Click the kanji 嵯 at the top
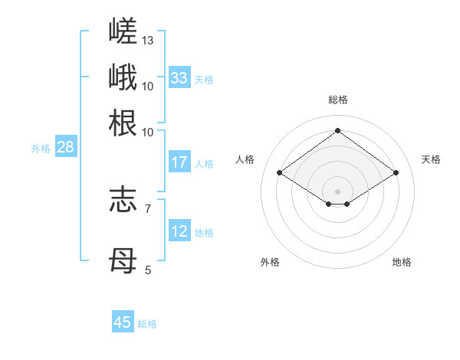click(x=123, y=31)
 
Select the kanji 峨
click(x=123, y=77)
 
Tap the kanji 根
click(x=123, y=123)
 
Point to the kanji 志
click(x=123, y=200)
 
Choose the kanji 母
click(x=123, y=260)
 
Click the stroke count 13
click(x=147, y=41)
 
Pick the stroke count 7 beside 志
click(x=148, y=209)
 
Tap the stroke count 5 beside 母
click(x=148, y=270)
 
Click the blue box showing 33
click(x=180, y=77)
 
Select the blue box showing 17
click(x=180, y=162)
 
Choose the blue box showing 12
click(x=180, y=230)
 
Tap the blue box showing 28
click(x=66, y=146)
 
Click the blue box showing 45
click(x=123, y=321)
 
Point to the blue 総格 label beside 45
click(x=147, y=324)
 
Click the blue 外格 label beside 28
click(x=41, y=149)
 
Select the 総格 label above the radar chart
click(x=338, y=100)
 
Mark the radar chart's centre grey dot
click(x=337, y=191)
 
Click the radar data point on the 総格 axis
click(x=337, y=130)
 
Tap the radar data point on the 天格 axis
click(x=396, y=172)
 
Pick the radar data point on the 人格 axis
click(x=280, y=172)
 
